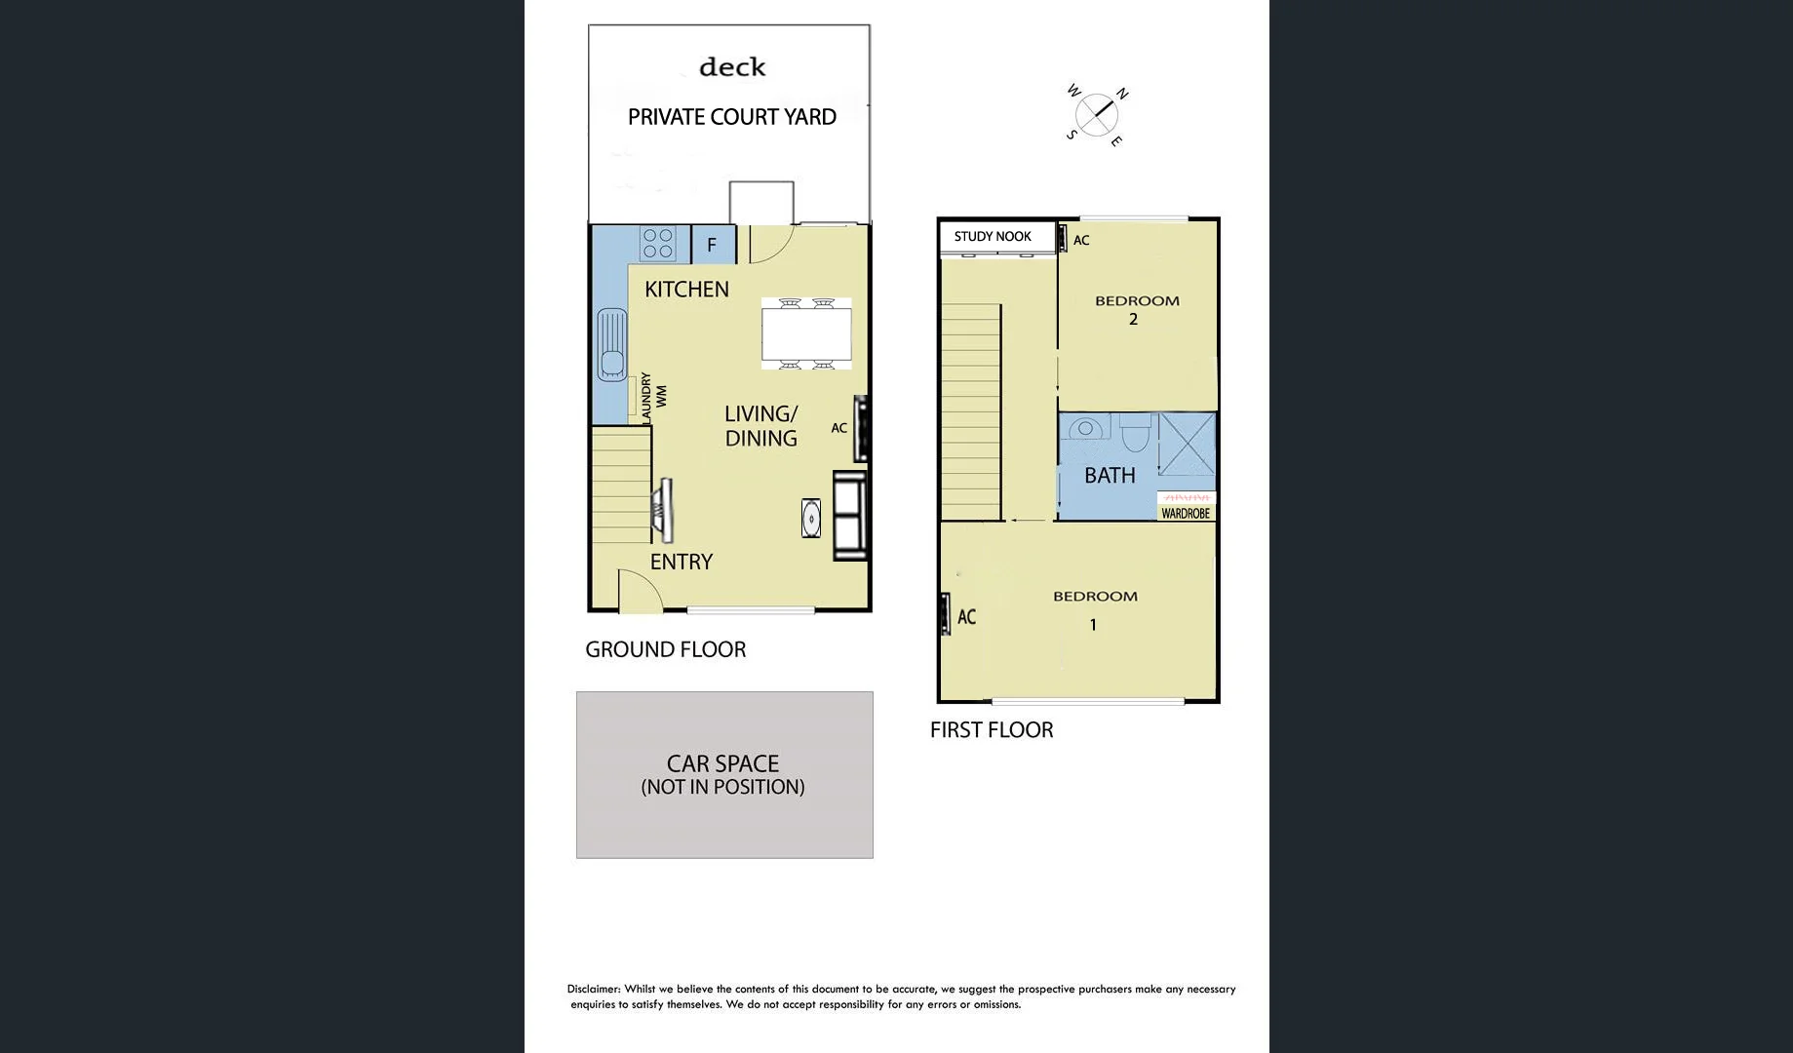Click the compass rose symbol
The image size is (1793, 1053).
point(1097,114)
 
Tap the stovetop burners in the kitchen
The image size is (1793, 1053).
point(658,244)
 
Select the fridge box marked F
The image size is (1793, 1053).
point(712,245)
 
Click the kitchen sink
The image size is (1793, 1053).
point(611,344)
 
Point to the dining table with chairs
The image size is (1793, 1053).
point(806,333)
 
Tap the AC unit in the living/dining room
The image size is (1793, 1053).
point(861,427)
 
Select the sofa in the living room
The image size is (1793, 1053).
point(850,515)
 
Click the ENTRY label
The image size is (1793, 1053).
point(682,562)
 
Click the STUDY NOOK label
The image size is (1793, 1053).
point(993,236)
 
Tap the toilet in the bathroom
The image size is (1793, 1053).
point(1135,432)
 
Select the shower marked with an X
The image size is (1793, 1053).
point(1187,444)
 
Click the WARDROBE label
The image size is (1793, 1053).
point(1186,513)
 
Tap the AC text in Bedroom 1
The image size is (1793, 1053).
point(966,616)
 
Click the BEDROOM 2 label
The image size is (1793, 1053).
point(1137,309)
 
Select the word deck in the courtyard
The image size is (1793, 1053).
point(732,67)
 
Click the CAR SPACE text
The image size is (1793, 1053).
point(722,763)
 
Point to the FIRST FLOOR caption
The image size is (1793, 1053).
point(992,730)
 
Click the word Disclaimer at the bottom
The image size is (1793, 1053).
point(594,989)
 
